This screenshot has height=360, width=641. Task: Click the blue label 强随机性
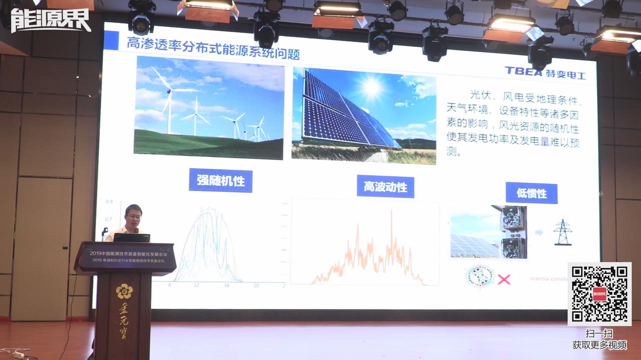pos(220,180)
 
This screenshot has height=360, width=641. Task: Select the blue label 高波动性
pos(385,187)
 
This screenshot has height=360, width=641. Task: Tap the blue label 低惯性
pos(531,193)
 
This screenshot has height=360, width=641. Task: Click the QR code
pos(599,293)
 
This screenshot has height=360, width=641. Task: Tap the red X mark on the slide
pos(504,279)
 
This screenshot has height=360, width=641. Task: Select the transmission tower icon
pos(563,232)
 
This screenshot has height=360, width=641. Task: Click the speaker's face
pos(134,217)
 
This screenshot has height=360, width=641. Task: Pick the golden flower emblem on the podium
pos(124,291)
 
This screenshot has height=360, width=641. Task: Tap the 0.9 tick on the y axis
pos(109,202)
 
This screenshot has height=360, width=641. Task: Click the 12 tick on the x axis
pos(197,285)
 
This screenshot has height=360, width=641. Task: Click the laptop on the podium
pos(132,237)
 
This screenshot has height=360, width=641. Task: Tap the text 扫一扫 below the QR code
pos(599,333)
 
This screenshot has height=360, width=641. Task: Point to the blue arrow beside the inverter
pos(539,232)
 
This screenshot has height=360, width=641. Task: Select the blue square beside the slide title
pos(111,40)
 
